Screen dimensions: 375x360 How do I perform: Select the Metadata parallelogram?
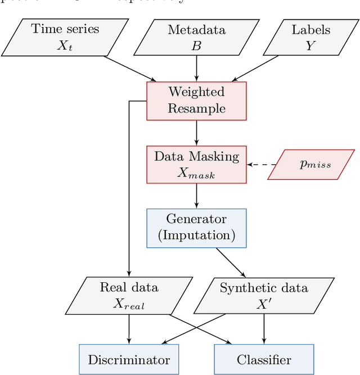pyautogui.click(x=196, y=37)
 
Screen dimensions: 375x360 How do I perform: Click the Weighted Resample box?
pyautogui.click(x=196, y=101)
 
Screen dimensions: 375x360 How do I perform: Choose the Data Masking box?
pyautogui.click(x=196, y=164)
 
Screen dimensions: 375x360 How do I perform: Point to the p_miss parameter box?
pyautogui.click(x=311, y=165)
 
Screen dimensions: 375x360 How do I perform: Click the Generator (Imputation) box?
pyautogui.click(x=196, y=228)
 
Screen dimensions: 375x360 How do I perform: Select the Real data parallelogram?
pyautogui.click(x=129, y=295)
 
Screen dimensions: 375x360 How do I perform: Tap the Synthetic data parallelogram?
pyautogui.click(x=263, y=295)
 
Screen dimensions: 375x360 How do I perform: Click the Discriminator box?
pyautogui.click(x=129, y=359)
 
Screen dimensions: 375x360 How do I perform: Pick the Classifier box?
pyautogui.click(x=264, y=359)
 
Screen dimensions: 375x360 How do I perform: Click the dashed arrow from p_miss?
pyautogui.click(x=261, y=165)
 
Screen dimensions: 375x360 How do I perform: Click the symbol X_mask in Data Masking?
pyautogui.click(x=196, y=173)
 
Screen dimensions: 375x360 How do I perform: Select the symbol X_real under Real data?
pyautogui.click(x=129, y=303)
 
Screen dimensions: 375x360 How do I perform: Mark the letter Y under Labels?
pyautogui.click(x=310, y=46)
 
